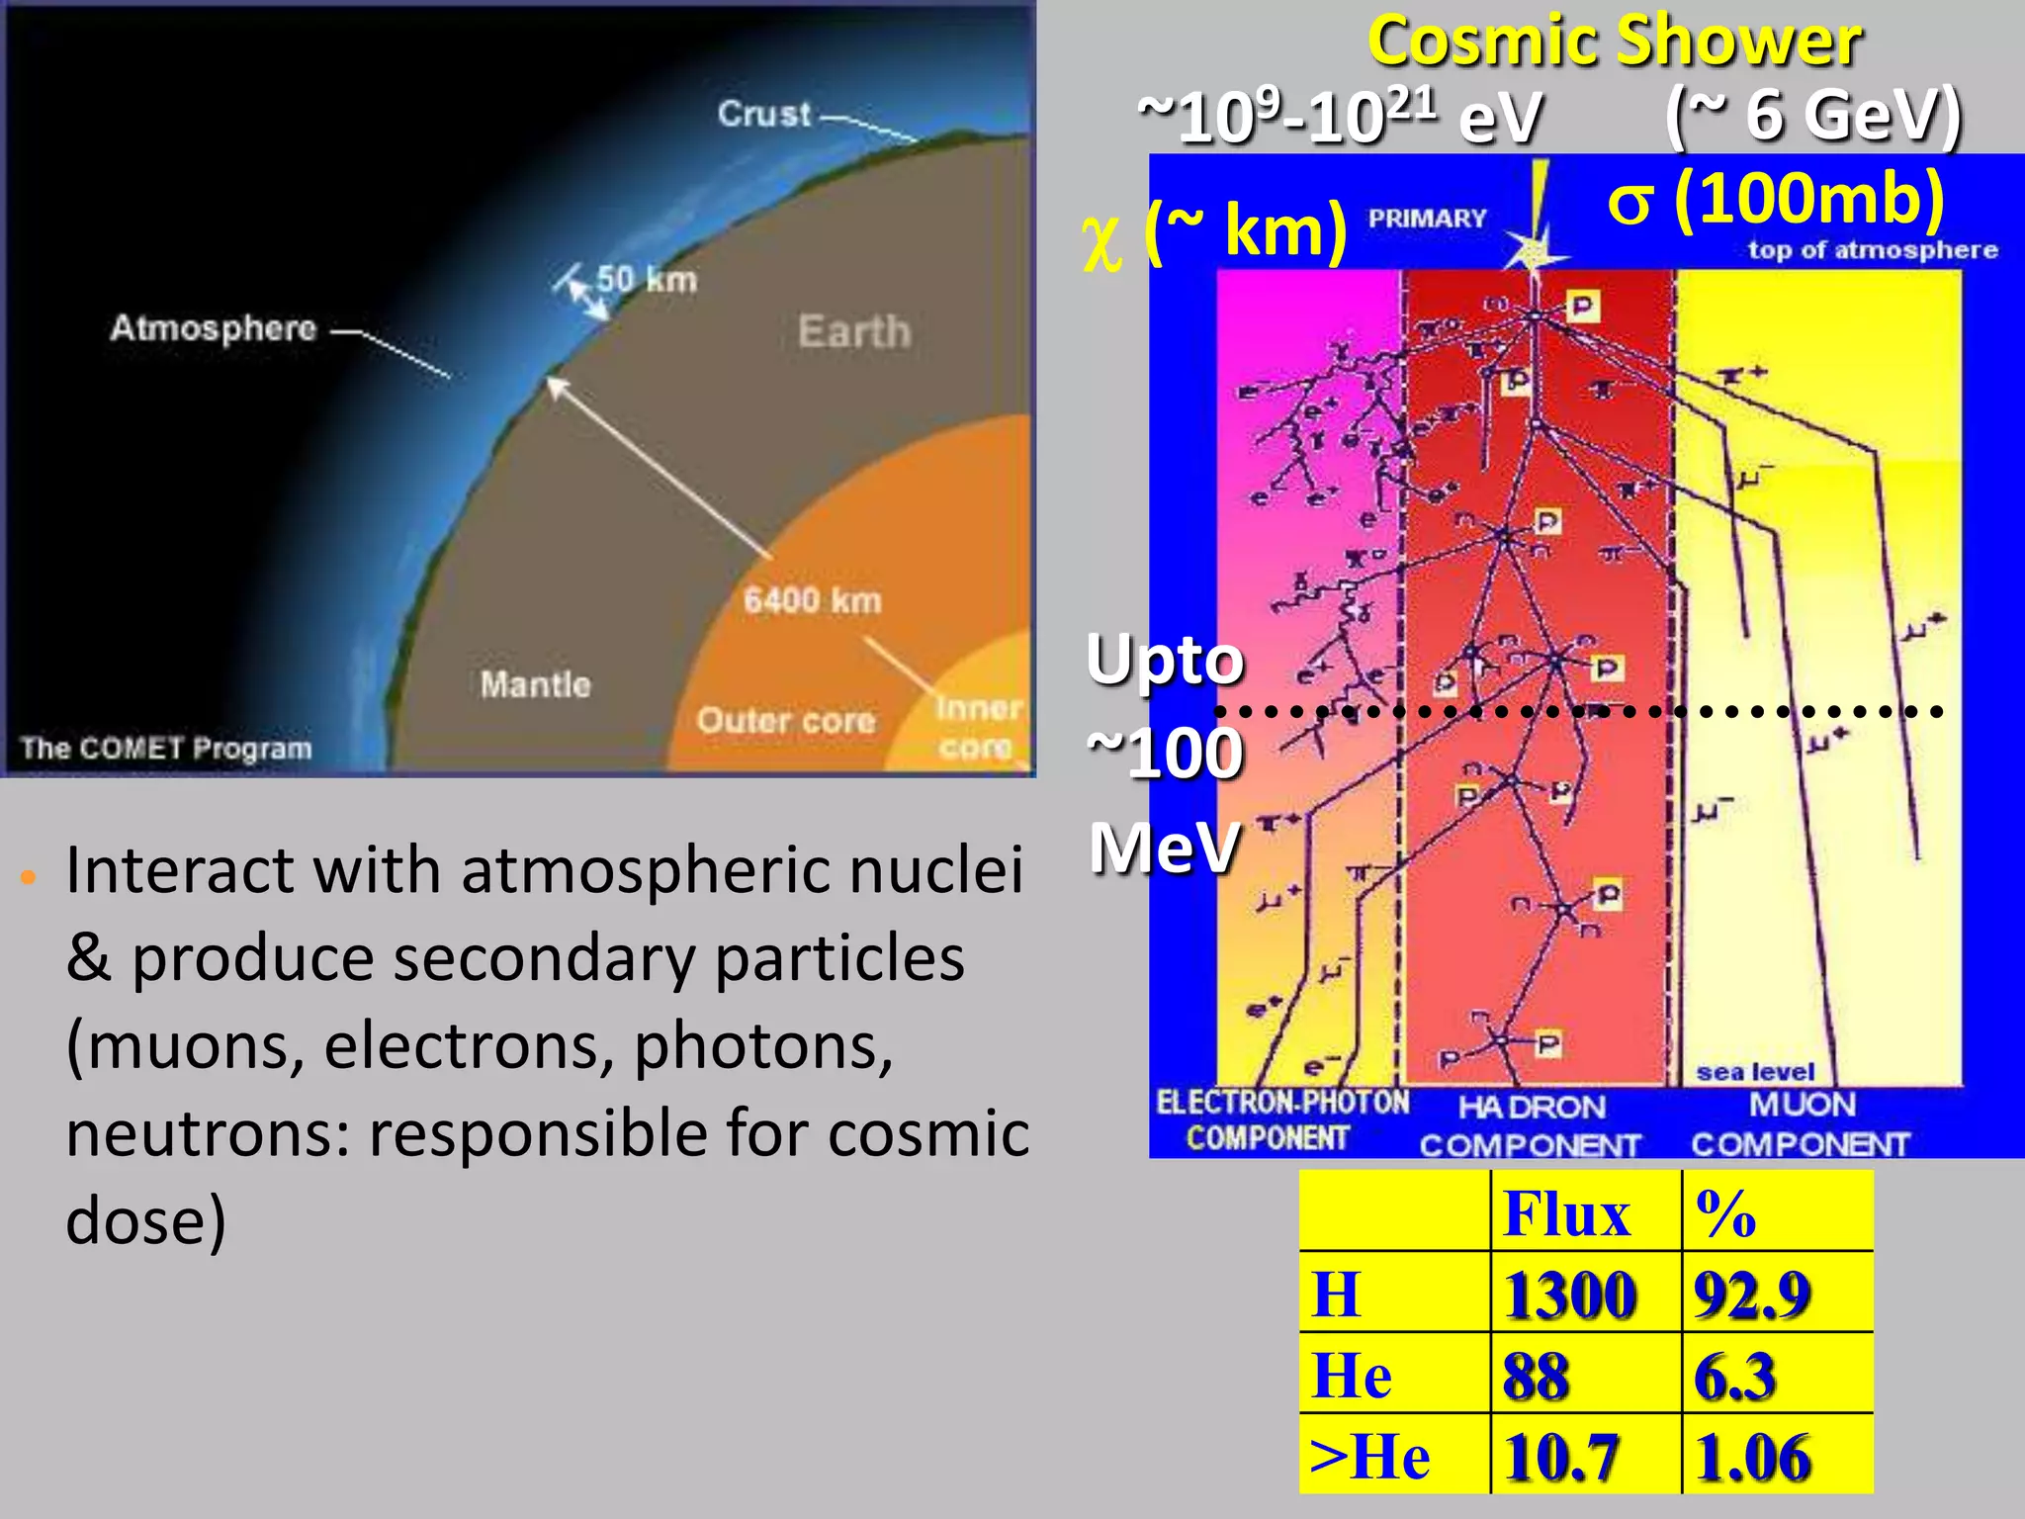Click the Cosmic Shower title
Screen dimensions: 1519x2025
[1614, 42]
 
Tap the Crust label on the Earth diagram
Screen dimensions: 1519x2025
[763, 114]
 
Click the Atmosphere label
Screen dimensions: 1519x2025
[213, 327]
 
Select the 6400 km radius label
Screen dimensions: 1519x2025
[812, 600]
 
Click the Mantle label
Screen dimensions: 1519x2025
[535, 684]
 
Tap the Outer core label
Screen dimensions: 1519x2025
[785, 720]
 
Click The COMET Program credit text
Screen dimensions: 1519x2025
[166, 748]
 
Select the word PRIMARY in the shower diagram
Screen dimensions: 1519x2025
[1427, 219]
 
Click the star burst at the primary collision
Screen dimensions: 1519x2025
[1534, 252]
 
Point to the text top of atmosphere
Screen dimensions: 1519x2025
[1872, 250]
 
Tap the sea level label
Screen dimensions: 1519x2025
[1755, 1072]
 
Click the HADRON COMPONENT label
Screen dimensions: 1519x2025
[1531, 1125]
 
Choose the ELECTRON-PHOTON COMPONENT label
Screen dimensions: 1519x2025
[1281, 1119]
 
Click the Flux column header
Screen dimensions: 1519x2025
[1565, 1213]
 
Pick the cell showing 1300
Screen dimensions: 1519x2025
[1569, 1295]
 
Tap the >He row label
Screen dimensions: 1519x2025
[1369, 1457]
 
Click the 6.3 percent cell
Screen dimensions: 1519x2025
[1734, 1376]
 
